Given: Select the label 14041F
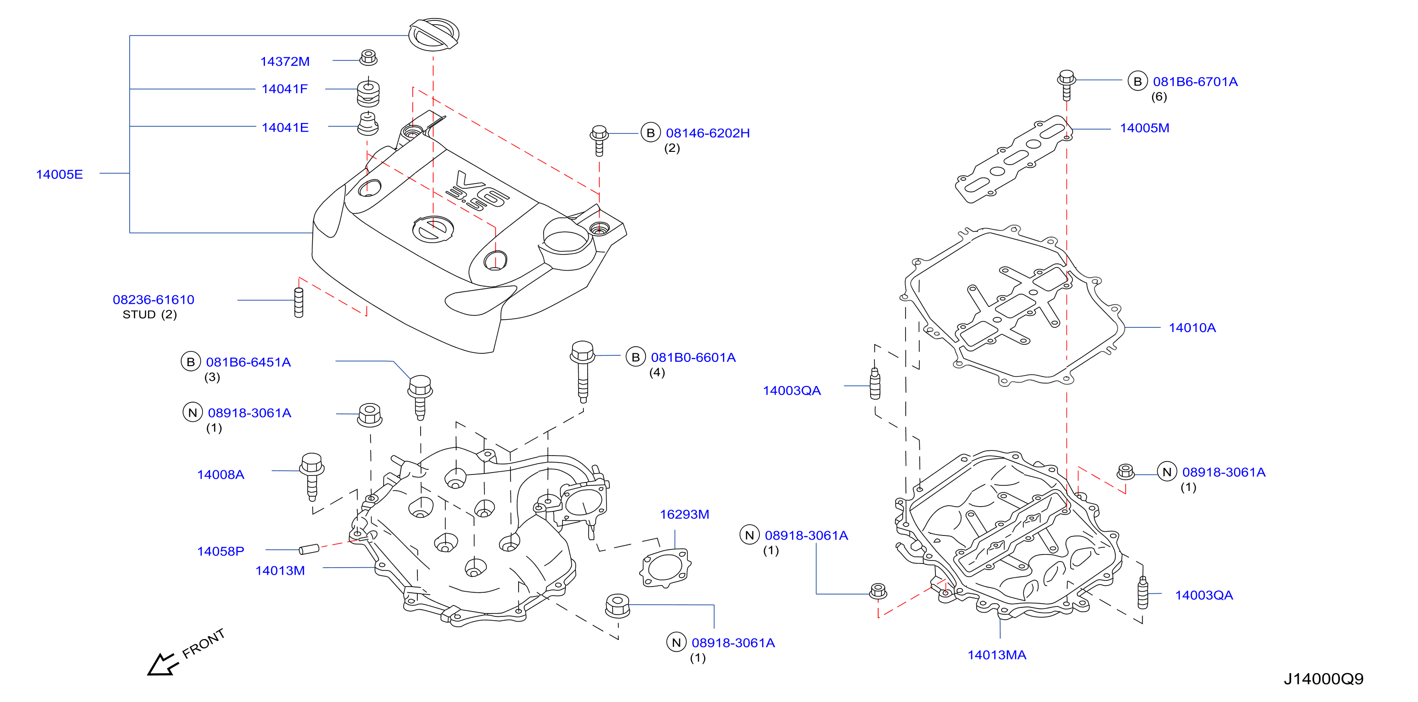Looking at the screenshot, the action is [284, 88].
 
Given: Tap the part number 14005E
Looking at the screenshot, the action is [60, 175].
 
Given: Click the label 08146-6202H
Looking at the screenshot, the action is [707, 133].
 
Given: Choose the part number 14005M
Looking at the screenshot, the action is [1145, 128].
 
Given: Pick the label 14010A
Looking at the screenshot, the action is [1192, 328].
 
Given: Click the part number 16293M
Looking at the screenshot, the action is [684, 514].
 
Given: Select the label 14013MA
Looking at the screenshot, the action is [996, 655].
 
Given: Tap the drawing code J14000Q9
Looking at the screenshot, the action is [1323, 679].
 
